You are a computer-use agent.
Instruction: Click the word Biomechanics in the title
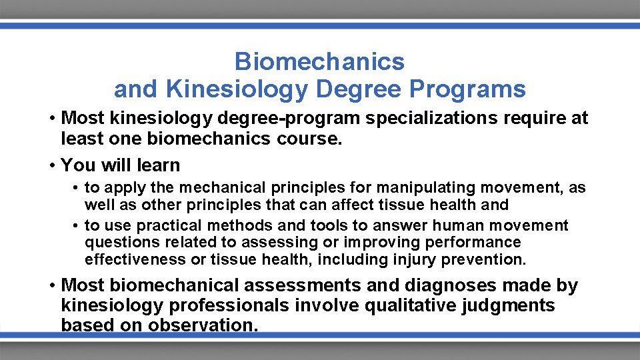pyautogui.click(x=319, y=62)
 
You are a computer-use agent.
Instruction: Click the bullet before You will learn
pyautogui.click(x=51, y=165)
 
